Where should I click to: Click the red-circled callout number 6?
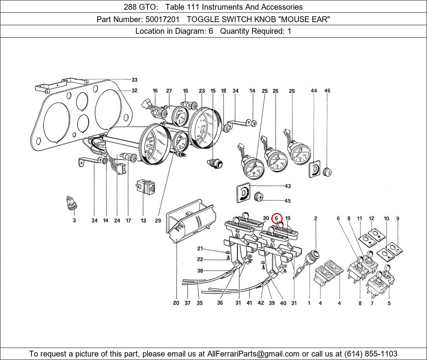276,218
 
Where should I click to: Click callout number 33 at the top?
134,80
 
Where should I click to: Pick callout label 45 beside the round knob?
288,201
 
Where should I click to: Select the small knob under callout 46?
327,171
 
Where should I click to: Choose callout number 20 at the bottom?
176,303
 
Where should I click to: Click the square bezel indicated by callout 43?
243,193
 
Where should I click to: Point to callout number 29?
158,221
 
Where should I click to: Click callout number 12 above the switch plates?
371,219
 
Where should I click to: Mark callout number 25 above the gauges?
265,91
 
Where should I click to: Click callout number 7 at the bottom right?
372,303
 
